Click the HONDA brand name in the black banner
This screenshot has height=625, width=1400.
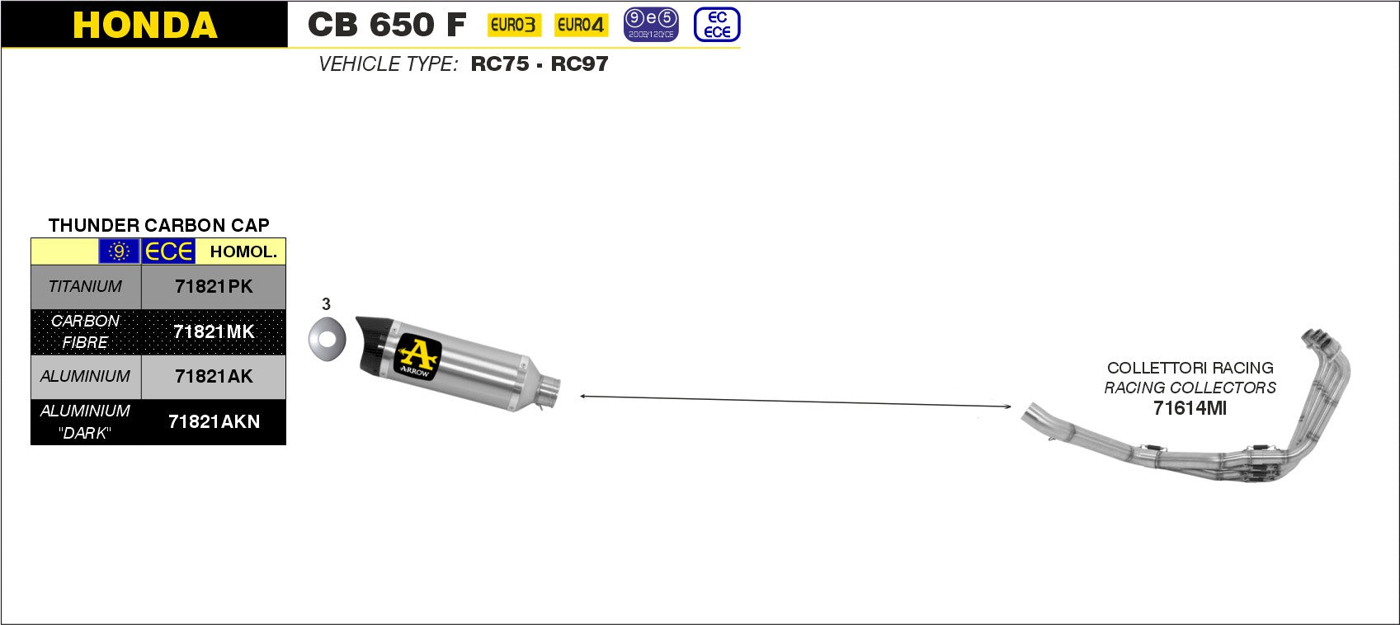(x=145, y=25)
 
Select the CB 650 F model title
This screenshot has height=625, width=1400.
(x=387, y=25)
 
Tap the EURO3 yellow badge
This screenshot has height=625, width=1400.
(x=514, y=25)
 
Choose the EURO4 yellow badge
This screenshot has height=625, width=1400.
(x=581, y=25)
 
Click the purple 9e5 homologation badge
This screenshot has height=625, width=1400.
(x=651, y=25)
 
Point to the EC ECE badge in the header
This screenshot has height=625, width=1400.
(x=717, y=25)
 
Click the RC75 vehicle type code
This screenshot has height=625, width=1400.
(x=499, y=63)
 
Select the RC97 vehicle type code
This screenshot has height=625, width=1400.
(x=579, y=63)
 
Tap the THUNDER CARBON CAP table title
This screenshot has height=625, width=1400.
(x=158, y=225)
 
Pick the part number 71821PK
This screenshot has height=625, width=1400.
(x=214, y=287)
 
